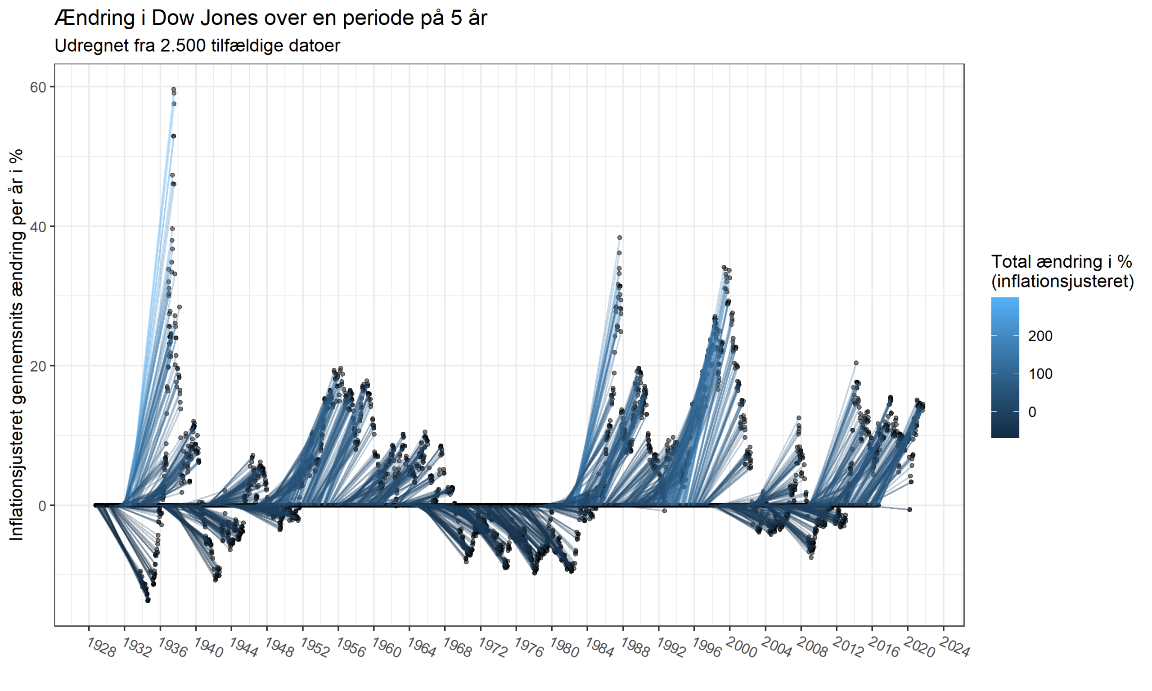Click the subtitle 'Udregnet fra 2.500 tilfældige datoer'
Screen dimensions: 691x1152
click(x=197, y=45)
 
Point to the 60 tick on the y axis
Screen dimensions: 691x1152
click(x=39, y=87)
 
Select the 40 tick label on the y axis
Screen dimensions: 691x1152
click(x=39, y=227)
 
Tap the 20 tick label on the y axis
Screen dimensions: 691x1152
click(x=39, y=366)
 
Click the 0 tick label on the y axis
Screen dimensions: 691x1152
click(x=43, y=506)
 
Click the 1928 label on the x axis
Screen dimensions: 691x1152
click(x=102, y=648)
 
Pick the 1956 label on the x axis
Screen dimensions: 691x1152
click(x=351, y=648)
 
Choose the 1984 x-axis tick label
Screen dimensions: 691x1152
click(x=600, y=648)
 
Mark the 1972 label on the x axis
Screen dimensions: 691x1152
click(x=493, y=648)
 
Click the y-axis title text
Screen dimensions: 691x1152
click(x=17, y=345)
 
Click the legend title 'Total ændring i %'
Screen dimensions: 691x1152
click(x=1062, y=262)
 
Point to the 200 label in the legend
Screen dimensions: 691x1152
click(x=1040, y=336)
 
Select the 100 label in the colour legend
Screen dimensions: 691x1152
click(x=1040, y=373)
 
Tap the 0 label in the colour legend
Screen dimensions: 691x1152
click(x=1032, y=412)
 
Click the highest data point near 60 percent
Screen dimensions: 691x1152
click(x=174, y=90)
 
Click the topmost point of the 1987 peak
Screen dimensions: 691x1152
click(x=620, y=238)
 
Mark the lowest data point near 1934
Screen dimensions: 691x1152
click(x=148, y=600)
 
